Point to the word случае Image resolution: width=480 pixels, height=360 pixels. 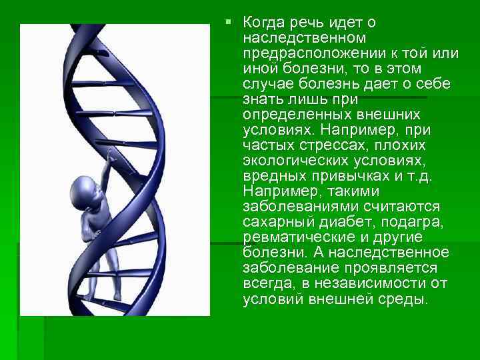pos(268,85)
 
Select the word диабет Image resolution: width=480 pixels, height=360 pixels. pos(339,223)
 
